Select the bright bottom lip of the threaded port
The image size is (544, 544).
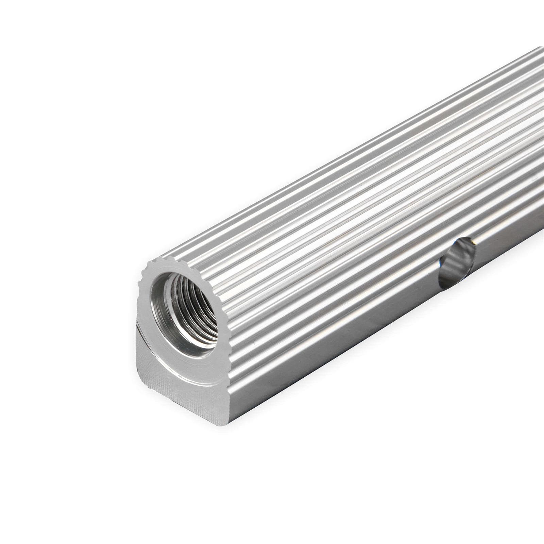(197, 350)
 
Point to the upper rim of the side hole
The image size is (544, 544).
(461, 240)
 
